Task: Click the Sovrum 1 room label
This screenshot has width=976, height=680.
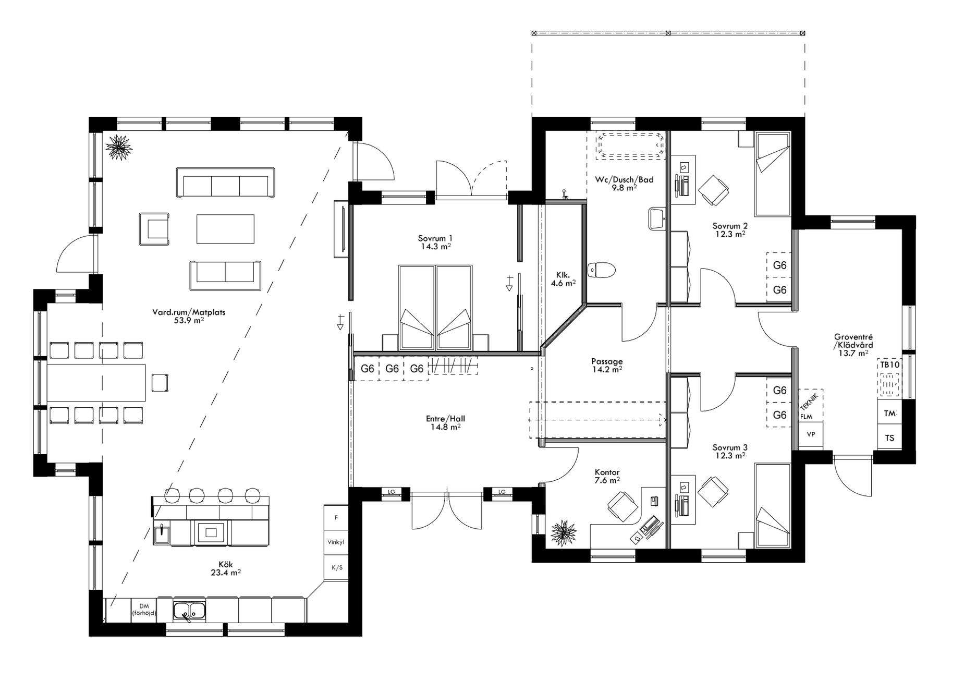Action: coord(436,242)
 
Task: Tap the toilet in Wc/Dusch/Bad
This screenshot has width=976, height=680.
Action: coord(601,271)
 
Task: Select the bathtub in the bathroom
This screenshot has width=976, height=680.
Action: coord(631,145)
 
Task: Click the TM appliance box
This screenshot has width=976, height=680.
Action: coord(889,414)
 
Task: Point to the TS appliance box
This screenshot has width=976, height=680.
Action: coord(889,438)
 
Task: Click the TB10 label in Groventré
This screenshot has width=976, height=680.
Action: coord(889,365)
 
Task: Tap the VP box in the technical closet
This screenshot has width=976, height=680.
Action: coord(811,434)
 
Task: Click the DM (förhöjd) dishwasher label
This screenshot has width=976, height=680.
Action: coord(144,610)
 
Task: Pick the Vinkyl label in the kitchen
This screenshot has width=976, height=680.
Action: coord(336,542)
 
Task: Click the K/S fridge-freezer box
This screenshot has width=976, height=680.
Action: coord(336,567)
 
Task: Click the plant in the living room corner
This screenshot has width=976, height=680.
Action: coord(119,147)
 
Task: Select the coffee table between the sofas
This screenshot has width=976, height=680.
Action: coord(225,228)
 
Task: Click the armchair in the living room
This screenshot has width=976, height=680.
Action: coord(154,228)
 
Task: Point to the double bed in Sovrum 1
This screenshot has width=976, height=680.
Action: coord(435,308)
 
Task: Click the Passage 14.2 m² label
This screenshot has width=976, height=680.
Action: coord(607,365)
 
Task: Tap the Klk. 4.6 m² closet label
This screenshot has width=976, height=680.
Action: coord(563,279)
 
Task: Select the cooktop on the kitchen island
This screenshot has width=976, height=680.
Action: coord(211,532)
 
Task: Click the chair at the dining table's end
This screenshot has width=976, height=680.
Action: coord(160,383)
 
